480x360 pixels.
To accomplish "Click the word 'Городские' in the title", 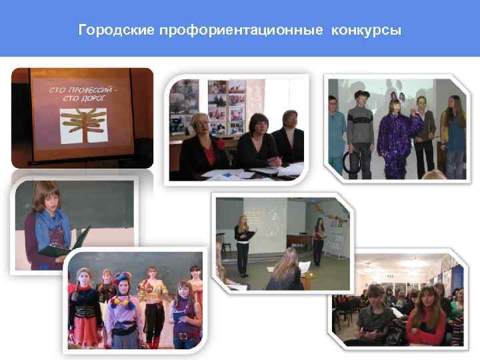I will tap(117, 31).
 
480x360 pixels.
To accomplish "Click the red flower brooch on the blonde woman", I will tap(213, 142).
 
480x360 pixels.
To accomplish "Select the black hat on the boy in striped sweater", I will tap(361, 94).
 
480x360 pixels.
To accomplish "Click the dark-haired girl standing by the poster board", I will tap(319, 240).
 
